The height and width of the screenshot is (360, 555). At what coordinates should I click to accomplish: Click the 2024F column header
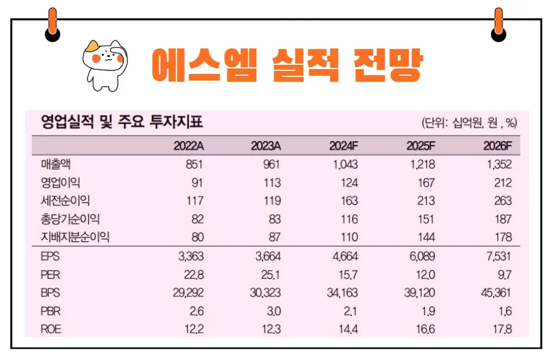tap(343, 146)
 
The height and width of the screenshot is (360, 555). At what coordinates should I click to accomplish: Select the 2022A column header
tap(189, 146)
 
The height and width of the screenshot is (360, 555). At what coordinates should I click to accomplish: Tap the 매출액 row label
tap(55, 165)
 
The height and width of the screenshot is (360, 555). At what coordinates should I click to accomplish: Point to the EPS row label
tap(50, 256)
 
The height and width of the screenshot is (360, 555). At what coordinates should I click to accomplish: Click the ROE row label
tap(51, 329)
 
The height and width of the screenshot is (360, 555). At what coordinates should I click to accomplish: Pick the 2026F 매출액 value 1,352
tap(497, 165)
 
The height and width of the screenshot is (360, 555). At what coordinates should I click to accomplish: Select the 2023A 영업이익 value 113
tap(272, 183)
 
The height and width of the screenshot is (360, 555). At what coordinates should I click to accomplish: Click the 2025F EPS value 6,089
tap(421, 256)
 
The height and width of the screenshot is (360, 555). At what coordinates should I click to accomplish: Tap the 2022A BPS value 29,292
tap(188, 293)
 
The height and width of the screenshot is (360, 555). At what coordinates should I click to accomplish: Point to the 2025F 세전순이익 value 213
tap(426, 201)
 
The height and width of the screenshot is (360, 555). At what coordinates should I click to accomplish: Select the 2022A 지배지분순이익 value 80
tap(197, 237)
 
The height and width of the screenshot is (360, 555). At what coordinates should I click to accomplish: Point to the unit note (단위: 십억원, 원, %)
tap(469, 123)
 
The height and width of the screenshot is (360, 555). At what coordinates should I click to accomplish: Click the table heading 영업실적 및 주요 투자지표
tap(122, 123)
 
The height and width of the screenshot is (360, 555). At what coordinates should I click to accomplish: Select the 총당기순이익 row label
tap(70, 219)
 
